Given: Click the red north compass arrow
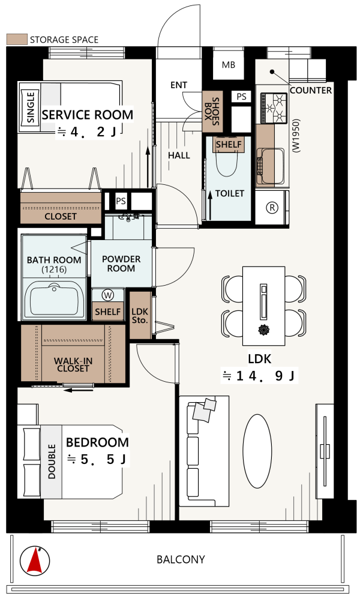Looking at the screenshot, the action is [35, 560].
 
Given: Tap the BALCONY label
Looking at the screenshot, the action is [181, 559].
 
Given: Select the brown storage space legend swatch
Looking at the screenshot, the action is [17, 40].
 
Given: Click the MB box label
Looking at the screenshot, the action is [228, 65].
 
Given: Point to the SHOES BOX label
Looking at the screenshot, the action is [212, 111].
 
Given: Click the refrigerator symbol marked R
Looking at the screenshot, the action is [272, 208].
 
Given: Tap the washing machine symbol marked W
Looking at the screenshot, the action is [108, 295].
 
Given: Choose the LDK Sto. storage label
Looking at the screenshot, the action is [140, 316].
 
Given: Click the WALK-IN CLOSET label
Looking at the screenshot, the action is [73, 364].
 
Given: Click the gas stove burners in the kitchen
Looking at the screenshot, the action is [274, 108].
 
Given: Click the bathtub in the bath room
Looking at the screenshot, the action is [54, 300].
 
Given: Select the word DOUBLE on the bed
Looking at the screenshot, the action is [52, 461].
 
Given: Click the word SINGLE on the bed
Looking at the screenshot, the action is [31, 107].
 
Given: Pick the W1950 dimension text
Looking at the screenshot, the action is [296, 136].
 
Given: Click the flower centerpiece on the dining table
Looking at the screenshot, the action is [264, 330].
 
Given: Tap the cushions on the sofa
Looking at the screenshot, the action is [205, 409].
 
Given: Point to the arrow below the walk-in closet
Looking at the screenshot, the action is [79, 390].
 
